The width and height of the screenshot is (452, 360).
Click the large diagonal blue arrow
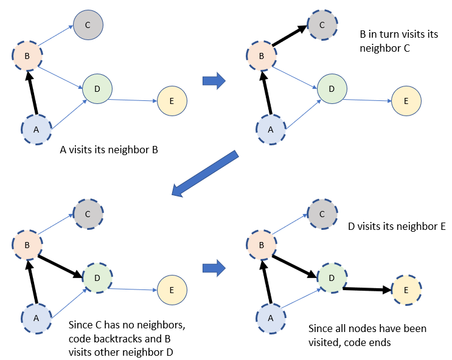[x=206, y=174]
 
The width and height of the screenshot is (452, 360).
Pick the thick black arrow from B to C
[x=290, y=36]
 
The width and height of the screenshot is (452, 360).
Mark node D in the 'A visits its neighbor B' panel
[x=97, y=89]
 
